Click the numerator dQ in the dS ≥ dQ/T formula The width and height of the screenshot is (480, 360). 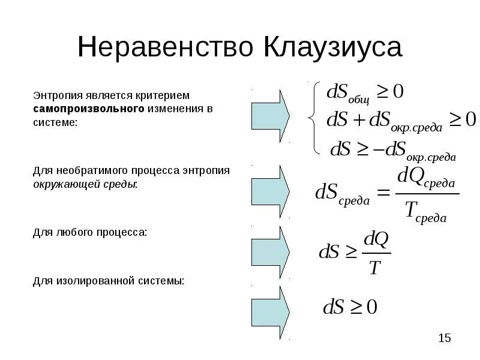click(376, 239)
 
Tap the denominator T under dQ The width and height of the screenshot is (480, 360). click(374, 268)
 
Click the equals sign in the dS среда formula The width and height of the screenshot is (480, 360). click(383, 193)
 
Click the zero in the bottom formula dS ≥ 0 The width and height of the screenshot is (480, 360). click(371, 308)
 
